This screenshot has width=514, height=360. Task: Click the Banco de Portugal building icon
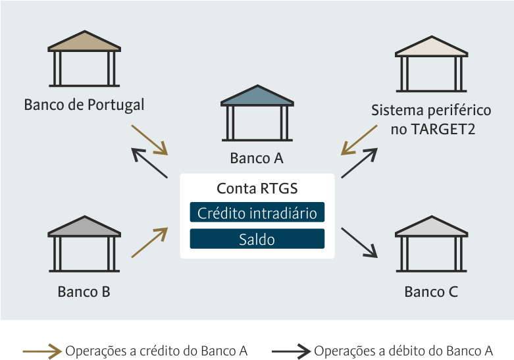84,59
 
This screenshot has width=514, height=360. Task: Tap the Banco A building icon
257,113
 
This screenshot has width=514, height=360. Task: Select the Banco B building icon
84,244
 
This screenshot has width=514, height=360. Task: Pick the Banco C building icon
431,244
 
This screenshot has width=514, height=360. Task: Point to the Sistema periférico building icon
431,64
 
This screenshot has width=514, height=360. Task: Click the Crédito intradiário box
257,212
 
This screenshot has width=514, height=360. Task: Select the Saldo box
257,239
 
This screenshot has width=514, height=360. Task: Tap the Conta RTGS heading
257,188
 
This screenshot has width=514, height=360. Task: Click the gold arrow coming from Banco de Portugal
149,140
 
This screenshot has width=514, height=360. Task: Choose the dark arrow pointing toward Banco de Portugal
149,163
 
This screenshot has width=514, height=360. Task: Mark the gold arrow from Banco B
149,243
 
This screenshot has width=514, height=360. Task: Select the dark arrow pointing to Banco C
359,243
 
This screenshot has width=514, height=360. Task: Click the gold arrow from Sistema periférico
359,140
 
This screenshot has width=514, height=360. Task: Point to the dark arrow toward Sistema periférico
359,163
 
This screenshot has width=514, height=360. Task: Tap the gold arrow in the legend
42,351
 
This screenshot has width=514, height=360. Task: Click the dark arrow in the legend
291,351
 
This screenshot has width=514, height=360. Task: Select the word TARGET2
442,129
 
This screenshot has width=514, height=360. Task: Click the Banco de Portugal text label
84,105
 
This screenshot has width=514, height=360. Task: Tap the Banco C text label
431,292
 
